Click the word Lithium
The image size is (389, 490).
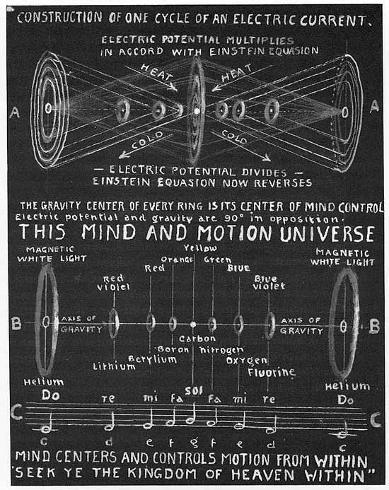(x=114, y=366)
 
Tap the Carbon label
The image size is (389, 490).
(x=197, y=339)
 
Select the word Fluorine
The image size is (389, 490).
(x=272, y=372)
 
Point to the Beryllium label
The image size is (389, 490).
(x=152, y=359)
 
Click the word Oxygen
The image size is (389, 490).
(x=247, y=361)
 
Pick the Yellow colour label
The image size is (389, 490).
(x=200, y=247)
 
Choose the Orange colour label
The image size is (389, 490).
(x=177, y=259)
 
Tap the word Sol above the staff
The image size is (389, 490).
(x=194, y=390)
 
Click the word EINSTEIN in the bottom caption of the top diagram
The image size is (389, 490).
(x=122, y=182)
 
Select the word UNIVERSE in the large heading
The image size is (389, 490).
(x=327, y=234)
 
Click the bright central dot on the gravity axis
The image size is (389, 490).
(x=193, y=325)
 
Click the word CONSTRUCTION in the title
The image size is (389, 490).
(x=59, y=18)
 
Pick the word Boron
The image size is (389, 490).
(x=173, y=349)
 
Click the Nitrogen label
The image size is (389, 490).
(x=221, y=350)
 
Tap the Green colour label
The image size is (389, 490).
(x=218, y=259)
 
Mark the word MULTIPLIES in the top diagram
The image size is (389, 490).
(x=260, y=40)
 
